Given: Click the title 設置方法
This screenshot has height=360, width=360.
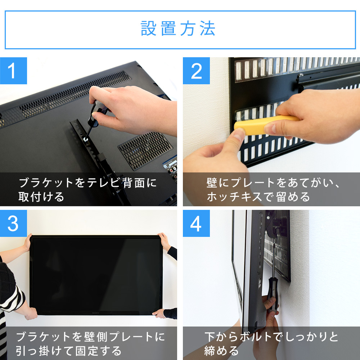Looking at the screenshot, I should (178, 29).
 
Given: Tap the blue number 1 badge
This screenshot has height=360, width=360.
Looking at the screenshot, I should (13, 71).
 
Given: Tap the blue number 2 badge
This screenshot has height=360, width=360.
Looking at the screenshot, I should (196, 71).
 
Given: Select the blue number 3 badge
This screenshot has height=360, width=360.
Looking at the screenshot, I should (13, 224).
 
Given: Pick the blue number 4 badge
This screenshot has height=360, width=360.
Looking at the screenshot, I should (196, 224).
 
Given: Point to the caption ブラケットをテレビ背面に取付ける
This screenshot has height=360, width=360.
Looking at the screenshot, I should (88, 189).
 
